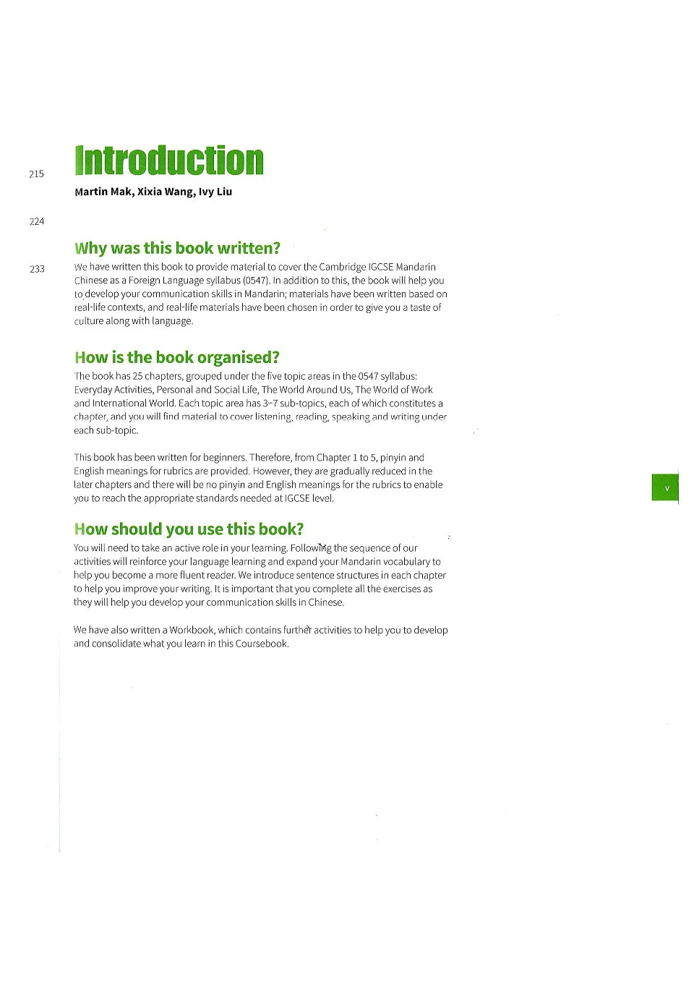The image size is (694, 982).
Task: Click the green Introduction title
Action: coord(169,161)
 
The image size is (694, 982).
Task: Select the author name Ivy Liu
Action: coord(215,192)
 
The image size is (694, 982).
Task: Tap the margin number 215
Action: coord(36,174)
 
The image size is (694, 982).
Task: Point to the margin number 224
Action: coord(37,221)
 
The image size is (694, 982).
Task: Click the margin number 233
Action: coord(37,269)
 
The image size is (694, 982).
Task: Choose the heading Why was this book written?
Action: coord(177,248)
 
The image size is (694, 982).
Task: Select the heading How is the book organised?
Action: coord(176,357)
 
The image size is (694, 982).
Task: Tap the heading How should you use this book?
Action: coord(189,529)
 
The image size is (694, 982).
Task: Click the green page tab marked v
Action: coord(666,488)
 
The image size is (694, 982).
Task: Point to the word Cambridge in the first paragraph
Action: coord(343,267)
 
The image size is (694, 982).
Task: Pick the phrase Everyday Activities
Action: coord(113,390)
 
